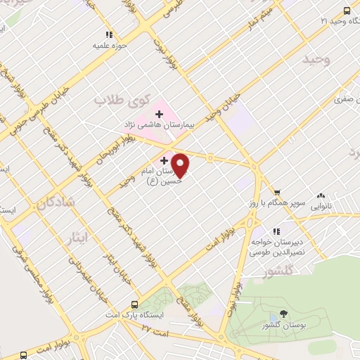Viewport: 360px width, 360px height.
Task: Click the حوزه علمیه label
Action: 109,46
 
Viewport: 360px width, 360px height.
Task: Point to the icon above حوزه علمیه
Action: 109,34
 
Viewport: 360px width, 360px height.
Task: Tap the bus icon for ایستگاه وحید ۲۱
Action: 346,11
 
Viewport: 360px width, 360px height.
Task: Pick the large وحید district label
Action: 316,60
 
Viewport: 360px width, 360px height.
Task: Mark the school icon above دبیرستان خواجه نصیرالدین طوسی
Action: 276,231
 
